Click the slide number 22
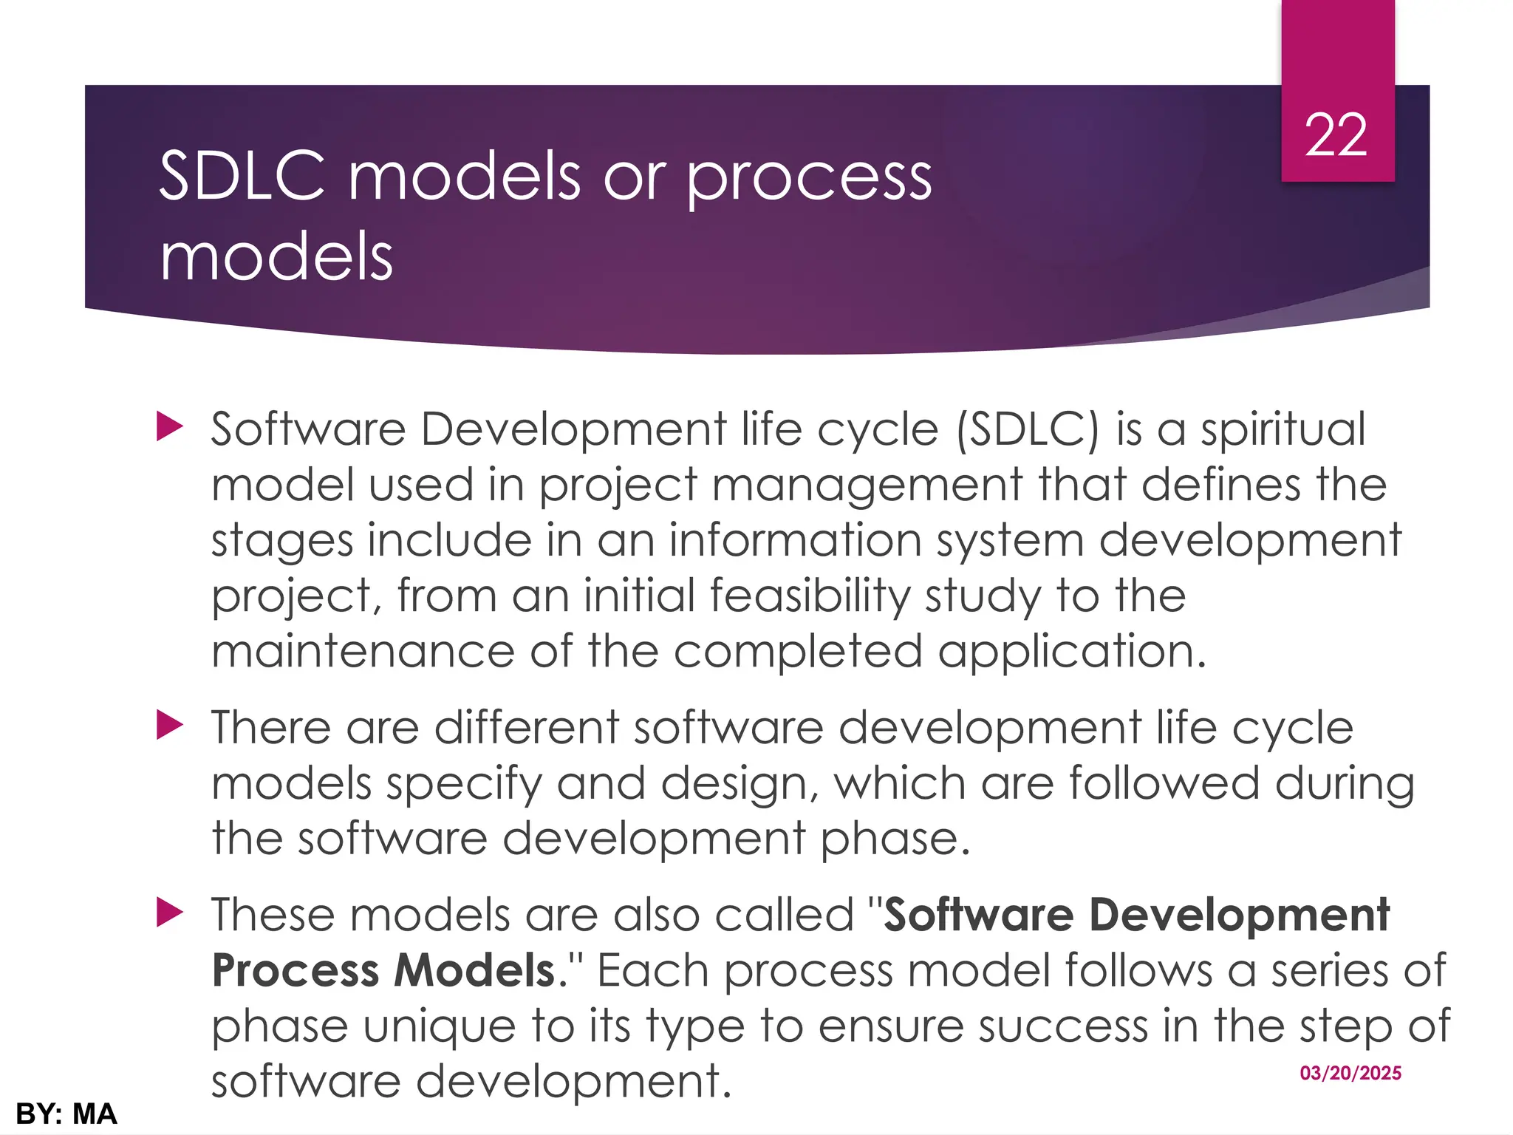[1336, 136]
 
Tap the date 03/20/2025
[1350, 1073]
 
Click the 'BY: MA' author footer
[66, 1114]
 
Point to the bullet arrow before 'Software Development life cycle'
[169, 427]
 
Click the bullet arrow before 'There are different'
[169, 726]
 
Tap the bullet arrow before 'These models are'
[169, 913]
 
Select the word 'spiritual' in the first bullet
[1283, 430]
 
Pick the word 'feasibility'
[810, 596]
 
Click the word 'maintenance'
[363, 651]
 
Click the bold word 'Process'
[294, 970]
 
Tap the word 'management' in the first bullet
[867, 487]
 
